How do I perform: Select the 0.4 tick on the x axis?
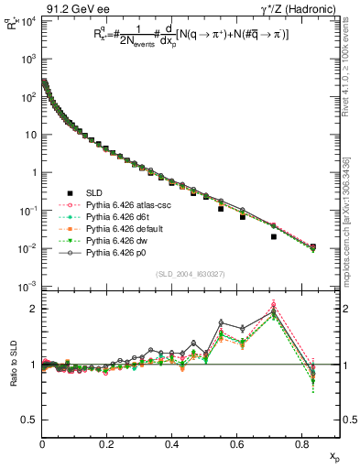[172, 444]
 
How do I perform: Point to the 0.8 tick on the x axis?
[301, 444]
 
